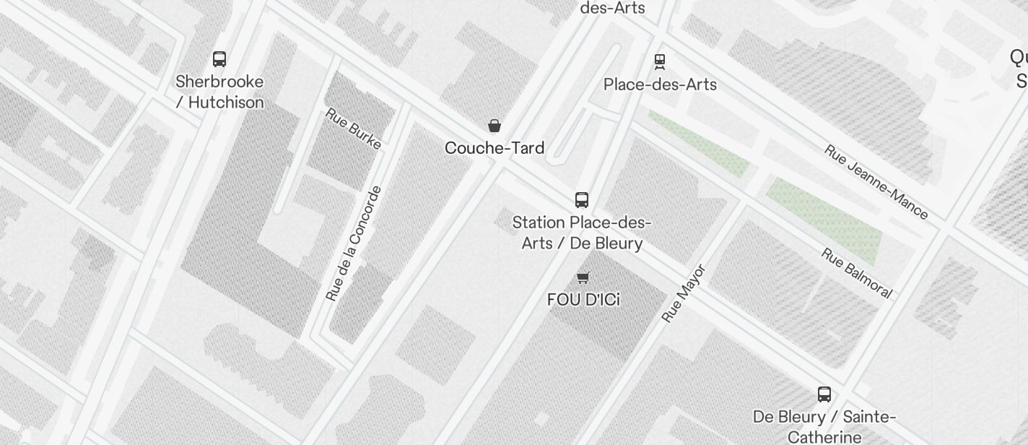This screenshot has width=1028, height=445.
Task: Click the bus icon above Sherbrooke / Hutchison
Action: [219, 59]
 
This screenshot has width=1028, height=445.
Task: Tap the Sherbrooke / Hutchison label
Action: [219, 92]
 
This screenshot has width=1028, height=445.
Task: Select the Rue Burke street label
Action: [353, 129]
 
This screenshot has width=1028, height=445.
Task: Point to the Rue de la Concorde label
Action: [353, 243]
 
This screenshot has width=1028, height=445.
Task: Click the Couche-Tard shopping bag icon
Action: [495, 126]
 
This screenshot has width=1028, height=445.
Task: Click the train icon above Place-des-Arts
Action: [659, 61]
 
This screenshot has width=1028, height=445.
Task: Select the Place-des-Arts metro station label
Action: [660, 85]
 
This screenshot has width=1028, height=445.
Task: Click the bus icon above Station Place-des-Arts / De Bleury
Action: [582, 200]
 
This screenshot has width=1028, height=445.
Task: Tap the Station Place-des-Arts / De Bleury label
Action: [582, 233]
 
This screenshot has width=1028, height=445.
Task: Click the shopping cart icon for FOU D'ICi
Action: [583, 278]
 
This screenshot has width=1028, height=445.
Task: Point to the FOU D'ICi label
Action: [583, 299]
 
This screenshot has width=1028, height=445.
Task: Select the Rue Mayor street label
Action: [683, 293]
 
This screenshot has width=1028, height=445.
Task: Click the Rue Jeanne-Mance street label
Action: [876, 182]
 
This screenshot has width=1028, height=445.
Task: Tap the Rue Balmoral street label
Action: [857, 273]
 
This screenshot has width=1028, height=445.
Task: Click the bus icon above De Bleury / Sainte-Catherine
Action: [824, 394]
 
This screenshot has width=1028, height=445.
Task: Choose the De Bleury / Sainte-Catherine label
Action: [824, 427]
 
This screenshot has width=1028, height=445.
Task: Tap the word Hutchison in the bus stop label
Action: [226, 103]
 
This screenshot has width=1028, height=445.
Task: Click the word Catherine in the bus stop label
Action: [824, 437]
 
